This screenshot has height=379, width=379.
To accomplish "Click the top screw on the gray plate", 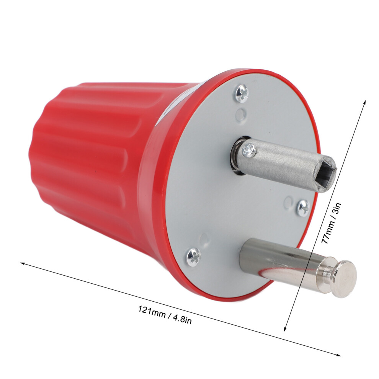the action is click(242, 93).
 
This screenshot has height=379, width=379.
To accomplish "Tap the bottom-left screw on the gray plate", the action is click(194, 257).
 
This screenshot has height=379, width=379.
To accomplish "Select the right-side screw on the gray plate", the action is click(303, 208).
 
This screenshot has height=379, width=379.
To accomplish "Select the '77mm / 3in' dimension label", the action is click(330, 223).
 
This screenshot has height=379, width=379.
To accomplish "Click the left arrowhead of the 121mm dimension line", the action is click(23, 263).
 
